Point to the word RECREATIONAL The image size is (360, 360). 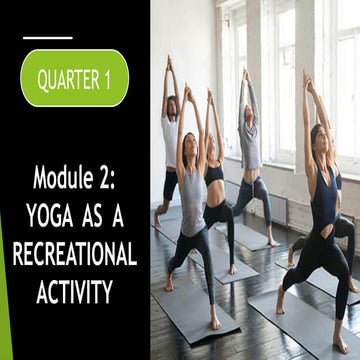[x=74, y=254]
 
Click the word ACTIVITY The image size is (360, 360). [x=74, y=291]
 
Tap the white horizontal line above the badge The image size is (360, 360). [x=48, y=38]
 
